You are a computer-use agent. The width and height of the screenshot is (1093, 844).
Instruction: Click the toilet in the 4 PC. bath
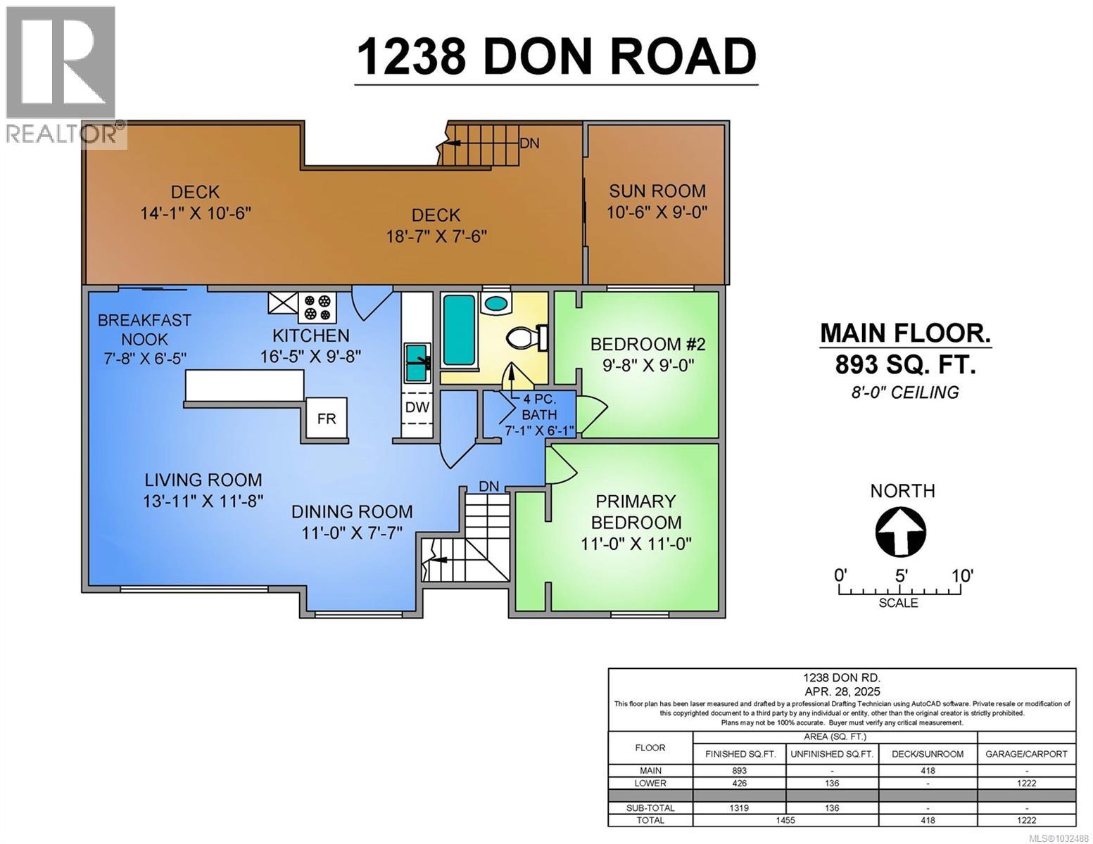coord(524,338)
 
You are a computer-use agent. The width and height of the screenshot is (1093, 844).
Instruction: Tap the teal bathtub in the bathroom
coord(459,329)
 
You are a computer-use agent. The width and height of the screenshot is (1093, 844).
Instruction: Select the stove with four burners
coord(317,307)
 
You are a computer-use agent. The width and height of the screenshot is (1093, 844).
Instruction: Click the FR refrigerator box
coord(326,419)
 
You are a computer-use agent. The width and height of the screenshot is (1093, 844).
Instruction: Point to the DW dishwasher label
coord(417,407)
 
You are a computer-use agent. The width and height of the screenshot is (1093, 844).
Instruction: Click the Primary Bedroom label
coord(636,512)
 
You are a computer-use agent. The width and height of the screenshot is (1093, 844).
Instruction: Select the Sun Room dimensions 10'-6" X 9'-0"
coord(657,212)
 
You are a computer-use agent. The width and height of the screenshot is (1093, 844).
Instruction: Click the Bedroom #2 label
coord(647,344)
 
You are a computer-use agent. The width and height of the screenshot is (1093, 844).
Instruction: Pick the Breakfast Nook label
coord(144,329)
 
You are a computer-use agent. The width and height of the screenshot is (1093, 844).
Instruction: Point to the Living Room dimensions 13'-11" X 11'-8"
coord(203,501)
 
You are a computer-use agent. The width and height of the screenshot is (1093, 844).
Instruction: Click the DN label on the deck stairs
coord(529,143)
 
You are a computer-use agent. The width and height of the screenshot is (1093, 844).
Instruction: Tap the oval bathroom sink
coord(497,305)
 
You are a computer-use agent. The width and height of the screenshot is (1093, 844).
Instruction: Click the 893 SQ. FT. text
coord(905,364)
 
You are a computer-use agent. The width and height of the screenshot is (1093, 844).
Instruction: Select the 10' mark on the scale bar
coord(961,576)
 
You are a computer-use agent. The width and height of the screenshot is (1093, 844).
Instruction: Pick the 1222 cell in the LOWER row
coord(1026,783)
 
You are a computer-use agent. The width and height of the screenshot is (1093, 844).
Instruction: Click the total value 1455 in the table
coord(785,820)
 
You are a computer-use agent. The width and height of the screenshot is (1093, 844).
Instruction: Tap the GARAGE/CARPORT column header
coord(1026,753)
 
